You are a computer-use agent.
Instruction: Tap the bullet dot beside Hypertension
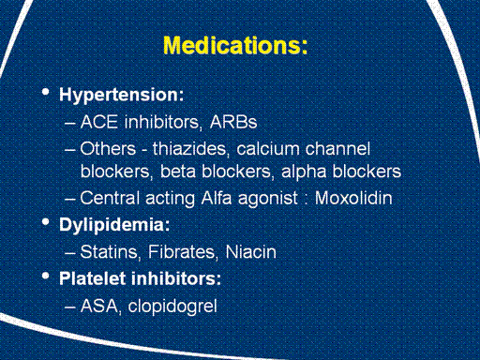(46, 92)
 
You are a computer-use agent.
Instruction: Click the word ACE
(99, 122)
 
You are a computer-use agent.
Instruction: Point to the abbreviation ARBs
(233, 122)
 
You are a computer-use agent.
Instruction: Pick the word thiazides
(189, 149)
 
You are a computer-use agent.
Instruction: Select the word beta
(178, 172)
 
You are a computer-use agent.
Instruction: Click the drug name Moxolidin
(353, 198)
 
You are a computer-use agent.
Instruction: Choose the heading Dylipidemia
(114, 225)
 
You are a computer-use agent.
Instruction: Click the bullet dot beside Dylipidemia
(46, 222)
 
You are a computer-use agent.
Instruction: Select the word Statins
(109, 252)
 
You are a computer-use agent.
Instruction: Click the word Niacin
(251, 252)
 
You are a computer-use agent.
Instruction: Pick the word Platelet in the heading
(93, 278)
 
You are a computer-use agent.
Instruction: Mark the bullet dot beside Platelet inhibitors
(46, 277)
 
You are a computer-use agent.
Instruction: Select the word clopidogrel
(172, 307)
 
